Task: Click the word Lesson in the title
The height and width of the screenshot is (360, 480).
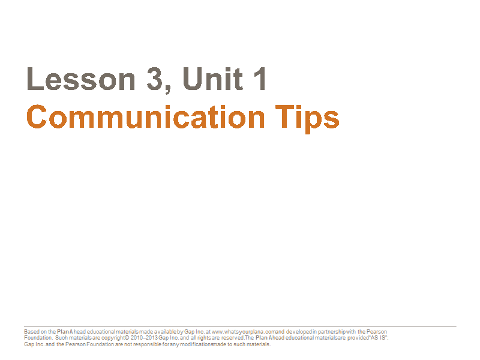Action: click(x=81, y=79)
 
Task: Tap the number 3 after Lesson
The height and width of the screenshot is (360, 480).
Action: click(x=155, y=79)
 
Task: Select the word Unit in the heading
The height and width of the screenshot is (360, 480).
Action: click(x=213, y=79)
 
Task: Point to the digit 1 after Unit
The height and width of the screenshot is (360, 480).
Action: click(x=260, y=79)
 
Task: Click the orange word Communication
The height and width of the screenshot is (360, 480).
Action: click(x=145, y=117)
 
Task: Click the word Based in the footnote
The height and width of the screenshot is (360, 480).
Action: click(x=32, y=332)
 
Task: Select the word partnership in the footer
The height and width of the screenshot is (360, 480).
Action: click(x=332, y=332)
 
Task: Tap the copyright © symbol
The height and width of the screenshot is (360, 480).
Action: click(x=127, y=338)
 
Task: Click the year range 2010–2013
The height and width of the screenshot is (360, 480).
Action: click(x=144, y=338)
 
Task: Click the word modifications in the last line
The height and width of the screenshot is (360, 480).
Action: click(x=196, y=344)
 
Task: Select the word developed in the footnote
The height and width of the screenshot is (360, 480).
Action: click(x=299, y=332)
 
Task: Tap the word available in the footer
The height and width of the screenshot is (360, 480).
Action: click(x=165, y=332)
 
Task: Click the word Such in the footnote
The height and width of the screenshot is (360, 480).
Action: click(x=61, y=338)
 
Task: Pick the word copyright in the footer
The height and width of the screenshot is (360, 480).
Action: click(x=113, y=338)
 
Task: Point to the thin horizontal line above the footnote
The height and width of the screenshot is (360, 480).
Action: click(x=240, y=326)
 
